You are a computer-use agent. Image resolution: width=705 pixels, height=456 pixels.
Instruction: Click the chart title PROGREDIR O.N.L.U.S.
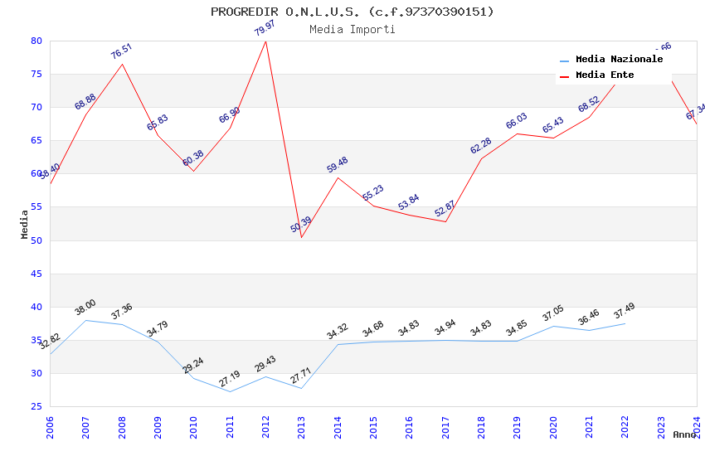coord(352,12)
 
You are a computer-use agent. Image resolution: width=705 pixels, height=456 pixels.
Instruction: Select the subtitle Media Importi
coord(352,29)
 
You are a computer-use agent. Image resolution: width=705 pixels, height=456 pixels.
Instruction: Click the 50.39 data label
coord(301,225)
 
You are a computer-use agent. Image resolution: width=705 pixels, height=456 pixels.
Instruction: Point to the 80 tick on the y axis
coord(36,41)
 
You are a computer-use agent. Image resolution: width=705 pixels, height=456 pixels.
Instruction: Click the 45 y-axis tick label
coord(36,274)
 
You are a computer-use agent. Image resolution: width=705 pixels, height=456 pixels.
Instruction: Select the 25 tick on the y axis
coord(36,406)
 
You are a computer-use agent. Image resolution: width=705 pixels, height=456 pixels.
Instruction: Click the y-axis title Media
coord(25,224)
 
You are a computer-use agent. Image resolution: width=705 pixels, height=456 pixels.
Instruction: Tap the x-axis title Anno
coord(684,434)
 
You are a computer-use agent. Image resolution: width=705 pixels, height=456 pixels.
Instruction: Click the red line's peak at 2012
coord(265,41)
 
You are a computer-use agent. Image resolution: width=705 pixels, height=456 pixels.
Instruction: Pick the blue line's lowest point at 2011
coord(230,391)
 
